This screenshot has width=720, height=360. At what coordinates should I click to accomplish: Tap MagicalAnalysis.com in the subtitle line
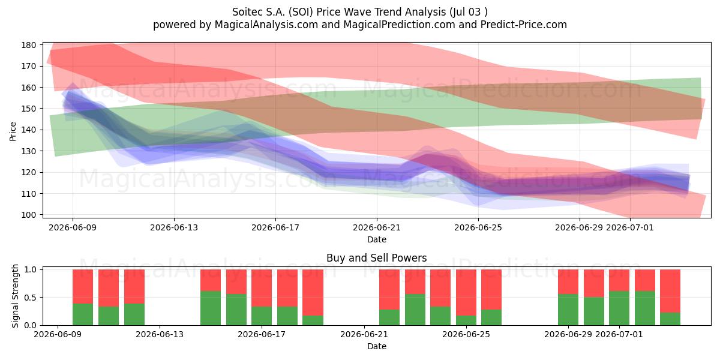click(x=266, y=25)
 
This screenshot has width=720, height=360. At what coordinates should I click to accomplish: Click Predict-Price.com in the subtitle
click(x=524, y=25)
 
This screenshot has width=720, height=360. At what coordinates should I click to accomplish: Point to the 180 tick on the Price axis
click(x=29, y=45)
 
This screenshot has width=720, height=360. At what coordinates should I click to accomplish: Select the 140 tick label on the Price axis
click(x=29, y=130)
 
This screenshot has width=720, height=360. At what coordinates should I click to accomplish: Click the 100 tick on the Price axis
click(x=29, y=215)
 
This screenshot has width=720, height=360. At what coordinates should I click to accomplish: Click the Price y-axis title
click(x=13, y=131)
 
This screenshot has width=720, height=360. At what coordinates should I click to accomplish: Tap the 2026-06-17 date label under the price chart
click(x=275, y=227)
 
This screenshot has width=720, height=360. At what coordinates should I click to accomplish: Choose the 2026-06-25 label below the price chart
click(x=478, y=227)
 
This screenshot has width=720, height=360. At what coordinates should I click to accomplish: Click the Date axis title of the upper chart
click(x=377, y=239)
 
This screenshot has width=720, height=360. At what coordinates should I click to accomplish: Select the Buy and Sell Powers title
click(x=377, y=258)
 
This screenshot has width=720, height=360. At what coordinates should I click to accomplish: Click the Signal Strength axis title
click(x=15, y=296)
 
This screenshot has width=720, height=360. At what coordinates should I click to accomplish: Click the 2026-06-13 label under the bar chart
click(x=160, y=334)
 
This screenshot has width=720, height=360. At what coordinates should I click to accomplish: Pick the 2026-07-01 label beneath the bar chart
click(x=619, y=334)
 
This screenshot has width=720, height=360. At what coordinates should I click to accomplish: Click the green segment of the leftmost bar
click(x=83, y=314)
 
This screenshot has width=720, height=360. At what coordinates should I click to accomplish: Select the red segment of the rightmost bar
click(x=670, y=291)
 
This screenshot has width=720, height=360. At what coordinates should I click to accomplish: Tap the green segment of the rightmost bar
click(x=670, y=319)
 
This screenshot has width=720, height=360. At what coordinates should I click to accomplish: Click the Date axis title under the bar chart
click(x=377, y=346)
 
